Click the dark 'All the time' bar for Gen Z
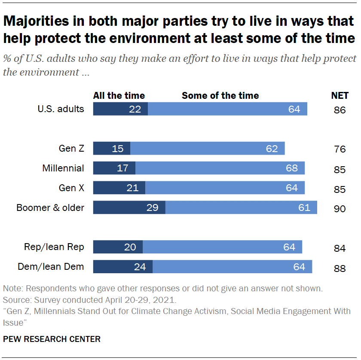tap(111, 149)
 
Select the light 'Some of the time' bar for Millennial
tap(220, 168)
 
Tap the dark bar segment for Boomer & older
tap(129, 207)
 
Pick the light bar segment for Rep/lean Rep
tap(222, 247)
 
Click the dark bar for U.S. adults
tap(120, 109)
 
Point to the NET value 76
tap(340, 149)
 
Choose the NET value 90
tap(340, 209)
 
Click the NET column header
tap(340, 95)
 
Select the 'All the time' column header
tap(119, 95)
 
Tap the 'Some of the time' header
tap(220, 95)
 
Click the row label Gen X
tap(71, 188)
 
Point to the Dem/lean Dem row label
tap(51, 267)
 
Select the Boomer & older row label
tap(50, 207)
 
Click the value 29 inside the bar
tap(153, 207)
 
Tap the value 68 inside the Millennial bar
tap(292, 168)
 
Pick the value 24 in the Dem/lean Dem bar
tap(140, 267)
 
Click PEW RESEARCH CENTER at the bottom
tap(52, 339)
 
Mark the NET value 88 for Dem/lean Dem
tap(340, 268)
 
